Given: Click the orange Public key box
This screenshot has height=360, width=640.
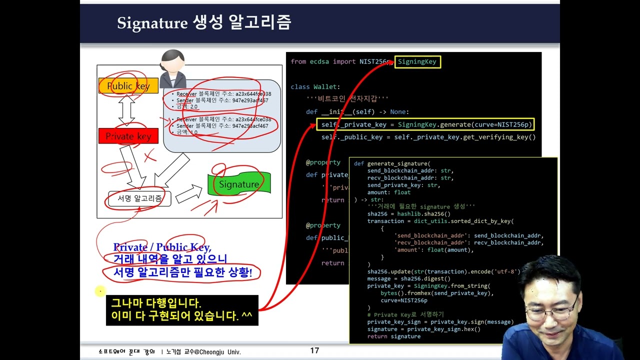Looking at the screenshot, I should pos(128,86).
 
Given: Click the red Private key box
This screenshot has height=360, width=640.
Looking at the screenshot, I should pos(128,136).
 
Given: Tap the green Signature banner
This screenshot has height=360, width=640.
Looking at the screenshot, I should pos(239,184).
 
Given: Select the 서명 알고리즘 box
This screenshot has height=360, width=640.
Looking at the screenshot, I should pos(139,198).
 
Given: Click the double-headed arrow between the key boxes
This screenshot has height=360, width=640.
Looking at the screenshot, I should pos(127,110).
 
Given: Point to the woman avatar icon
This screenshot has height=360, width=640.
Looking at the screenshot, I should pos(172,68).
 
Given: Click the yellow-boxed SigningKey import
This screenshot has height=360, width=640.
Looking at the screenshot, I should pos(417,62).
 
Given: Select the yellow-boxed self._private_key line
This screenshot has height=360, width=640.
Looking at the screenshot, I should pos(425,124).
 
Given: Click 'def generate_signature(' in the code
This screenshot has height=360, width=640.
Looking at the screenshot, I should pos(392,163).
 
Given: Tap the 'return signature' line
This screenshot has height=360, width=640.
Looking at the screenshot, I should pos(393,336).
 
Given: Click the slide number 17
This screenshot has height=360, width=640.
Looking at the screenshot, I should pos(314,350).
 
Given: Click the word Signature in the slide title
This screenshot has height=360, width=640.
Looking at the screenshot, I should pos(152,23).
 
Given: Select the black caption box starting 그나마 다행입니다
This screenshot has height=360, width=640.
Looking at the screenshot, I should pos(182,310).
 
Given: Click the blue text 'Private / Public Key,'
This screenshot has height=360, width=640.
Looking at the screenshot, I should pos(162,247).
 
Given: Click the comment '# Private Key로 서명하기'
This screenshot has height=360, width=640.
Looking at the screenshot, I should pos(405,315).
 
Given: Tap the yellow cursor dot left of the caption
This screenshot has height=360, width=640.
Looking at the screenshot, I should pos(100,290).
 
